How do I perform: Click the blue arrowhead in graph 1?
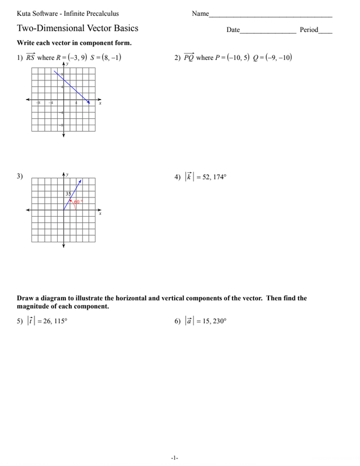point(89,102)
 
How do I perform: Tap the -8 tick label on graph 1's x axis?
point(38,103)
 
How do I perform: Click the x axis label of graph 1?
point(100,104)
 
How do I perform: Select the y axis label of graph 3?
point(67,174)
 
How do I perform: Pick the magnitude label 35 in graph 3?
point(68,194)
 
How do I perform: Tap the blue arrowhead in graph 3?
point(79,181)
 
